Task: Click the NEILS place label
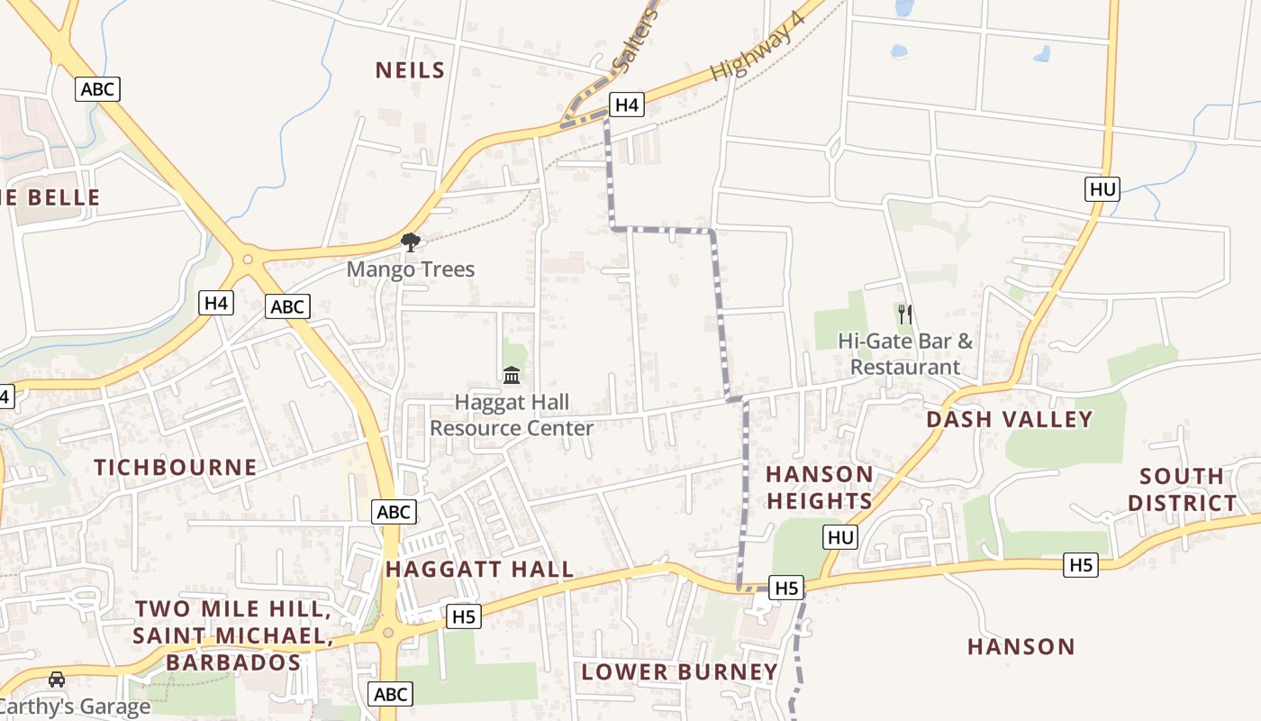[410, 70]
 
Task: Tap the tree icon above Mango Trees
[411, 242]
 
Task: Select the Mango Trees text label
[410, 269]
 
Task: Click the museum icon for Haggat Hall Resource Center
[512, 374]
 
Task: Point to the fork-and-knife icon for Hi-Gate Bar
[905, 314]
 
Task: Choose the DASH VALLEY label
[1009, 419]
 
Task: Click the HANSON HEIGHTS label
[819, 488]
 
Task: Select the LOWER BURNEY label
[679, 671]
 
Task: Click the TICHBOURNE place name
[176, 467]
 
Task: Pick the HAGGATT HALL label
[479, 570]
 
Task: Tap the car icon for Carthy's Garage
[57, 679]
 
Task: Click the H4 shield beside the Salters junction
[627, 105]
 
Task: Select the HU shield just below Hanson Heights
[840, 538]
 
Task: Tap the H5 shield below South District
[1081, 565]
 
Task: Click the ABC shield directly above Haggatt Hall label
[394, 512]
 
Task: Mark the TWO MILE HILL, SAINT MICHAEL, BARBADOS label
[232, 635]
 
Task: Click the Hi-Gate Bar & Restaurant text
[905, 354]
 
